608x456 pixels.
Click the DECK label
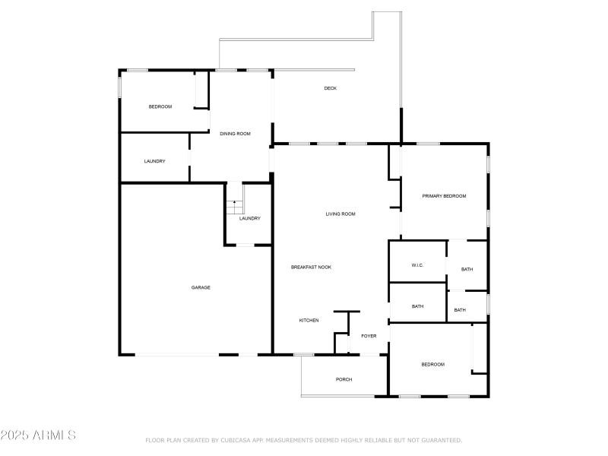pos(330,88)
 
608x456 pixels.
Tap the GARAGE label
pos(201,287)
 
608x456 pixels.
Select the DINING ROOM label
pos(235,134)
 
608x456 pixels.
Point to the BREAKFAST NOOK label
pos(311,268)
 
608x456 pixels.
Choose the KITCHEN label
pos(309,321)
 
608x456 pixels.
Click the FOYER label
pos(369,336)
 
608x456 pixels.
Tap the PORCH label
pos(344,379)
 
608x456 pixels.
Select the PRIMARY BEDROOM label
pos(444,196)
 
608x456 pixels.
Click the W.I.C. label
pos(417,265)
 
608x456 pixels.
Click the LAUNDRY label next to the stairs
pos(249,219)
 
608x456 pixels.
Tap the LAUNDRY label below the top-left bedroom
pos(155,161)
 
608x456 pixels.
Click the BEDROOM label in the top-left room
pos(160,106)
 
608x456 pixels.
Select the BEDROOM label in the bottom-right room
pos(432,365)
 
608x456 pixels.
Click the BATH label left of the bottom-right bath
pos(417,306)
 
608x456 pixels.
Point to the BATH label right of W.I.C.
pos(467,269)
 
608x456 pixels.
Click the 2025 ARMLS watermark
pos(38,435)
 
